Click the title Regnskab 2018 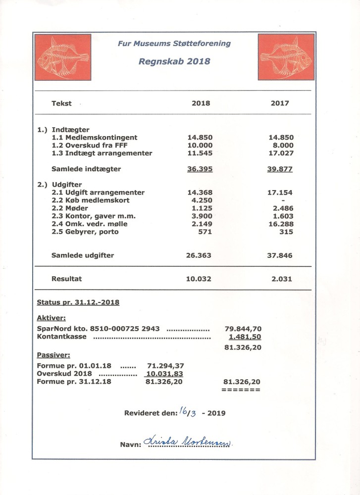[x=174, y=62]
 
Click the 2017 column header [x=280, y=103]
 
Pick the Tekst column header [x=61, y=103]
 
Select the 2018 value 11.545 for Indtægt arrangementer [x=199, y=153]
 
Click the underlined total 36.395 [x=199, y=169]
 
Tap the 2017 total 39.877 [x=280, y=169]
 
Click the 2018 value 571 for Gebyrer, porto [x=205, y=232]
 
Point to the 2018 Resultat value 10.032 [x=199, y=279]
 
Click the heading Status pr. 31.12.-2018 [x=78, y=302]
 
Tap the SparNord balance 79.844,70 [x=243, y=329]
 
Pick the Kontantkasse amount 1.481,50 [x=245, y=337]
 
